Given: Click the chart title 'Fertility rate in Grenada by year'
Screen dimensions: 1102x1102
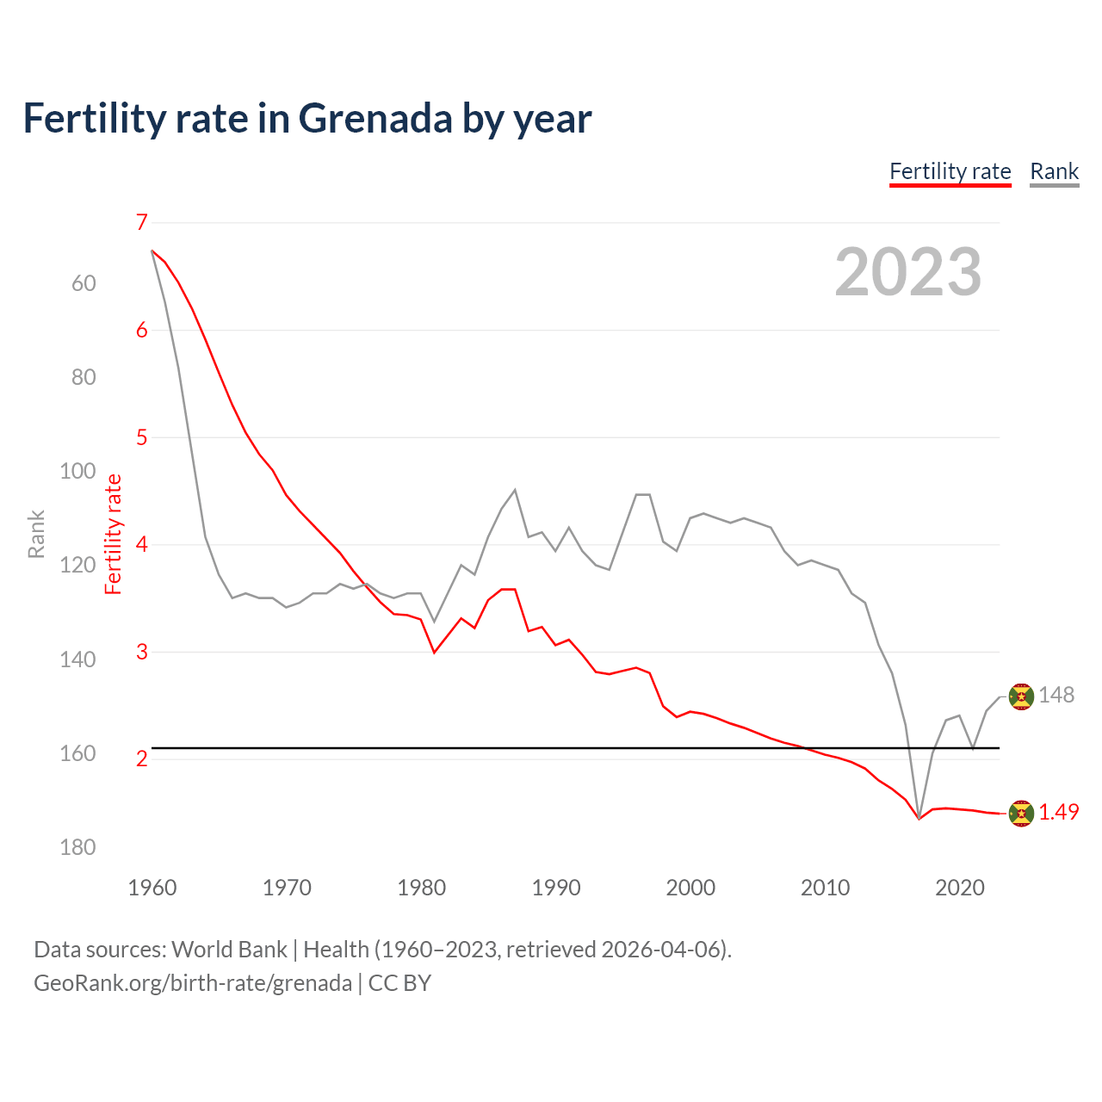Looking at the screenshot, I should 307,119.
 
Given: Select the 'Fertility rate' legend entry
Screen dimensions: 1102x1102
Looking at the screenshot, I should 950,171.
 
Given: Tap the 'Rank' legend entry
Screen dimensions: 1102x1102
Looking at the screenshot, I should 1054,171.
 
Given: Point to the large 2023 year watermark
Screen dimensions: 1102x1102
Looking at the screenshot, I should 907,272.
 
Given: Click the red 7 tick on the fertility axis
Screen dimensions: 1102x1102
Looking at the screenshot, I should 142,222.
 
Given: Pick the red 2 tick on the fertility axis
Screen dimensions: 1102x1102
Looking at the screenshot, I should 142,758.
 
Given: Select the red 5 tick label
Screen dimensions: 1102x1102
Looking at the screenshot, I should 142,437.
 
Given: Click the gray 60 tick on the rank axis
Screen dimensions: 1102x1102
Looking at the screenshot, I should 84,283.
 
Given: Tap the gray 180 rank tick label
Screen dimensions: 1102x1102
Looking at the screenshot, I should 77,847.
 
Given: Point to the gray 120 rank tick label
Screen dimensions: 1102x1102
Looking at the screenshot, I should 77,565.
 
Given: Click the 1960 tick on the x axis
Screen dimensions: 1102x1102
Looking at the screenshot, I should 152,888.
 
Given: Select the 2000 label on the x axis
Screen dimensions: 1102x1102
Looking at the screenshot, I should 690,888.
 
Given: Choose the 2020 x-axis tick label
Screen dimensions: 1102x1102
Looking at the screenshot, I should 959,888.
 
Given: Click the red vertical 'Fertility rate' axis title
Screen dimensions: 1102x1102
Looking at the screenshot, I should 114,534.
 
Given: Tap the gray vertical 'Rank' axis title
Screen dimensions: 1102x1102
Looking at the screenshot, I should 36,534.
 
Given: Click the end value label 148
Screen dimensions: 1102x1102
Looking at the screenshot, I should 1056,695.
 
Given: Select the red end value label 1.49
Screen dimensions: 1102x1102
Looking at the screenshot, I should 1058,812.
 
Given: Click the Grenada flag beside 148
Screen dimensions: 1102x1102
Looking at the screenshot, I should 1021,696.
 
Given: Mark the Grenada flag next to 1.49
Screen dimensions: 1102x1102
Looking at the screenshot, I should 1021,813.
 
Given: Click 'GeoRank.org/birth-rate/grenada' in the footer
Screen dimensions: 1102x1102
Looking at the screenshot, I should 193,983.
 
